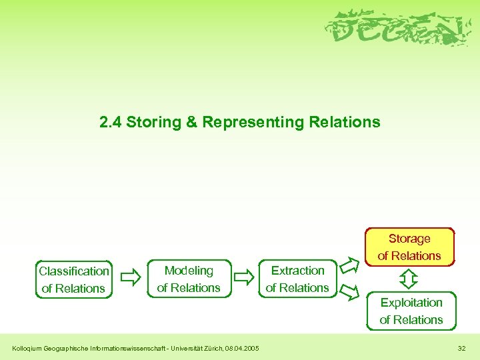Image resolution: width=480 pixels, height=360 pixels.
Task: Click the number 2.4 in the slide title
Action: click(111, 123)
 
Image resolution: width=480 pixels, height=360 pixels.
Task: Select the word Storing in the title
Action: click(149, 123)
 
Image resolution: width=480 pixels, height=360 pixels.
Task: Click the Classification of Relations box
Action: click(73, 279)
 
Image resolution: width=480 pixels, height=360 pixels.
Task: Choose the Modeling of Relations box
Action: click(189, 279)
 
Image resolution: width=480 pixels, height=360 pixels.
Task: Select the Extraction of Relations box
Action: click(297, 279)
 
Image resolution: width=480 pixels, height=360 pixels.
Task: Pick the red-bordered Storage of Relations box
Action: click(409, 247)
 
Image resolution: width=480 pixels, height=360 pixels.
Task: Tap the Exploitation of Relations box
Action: click(411, 311)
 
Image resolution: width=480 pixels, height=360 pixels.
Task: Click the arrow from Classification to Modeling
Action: click(133, 275)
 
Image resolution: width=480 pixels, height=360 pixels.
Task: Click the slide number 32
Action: click(462, 348)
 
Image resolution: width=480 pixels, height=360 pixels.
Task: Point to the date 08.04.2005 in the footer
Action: click(243, 348)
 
